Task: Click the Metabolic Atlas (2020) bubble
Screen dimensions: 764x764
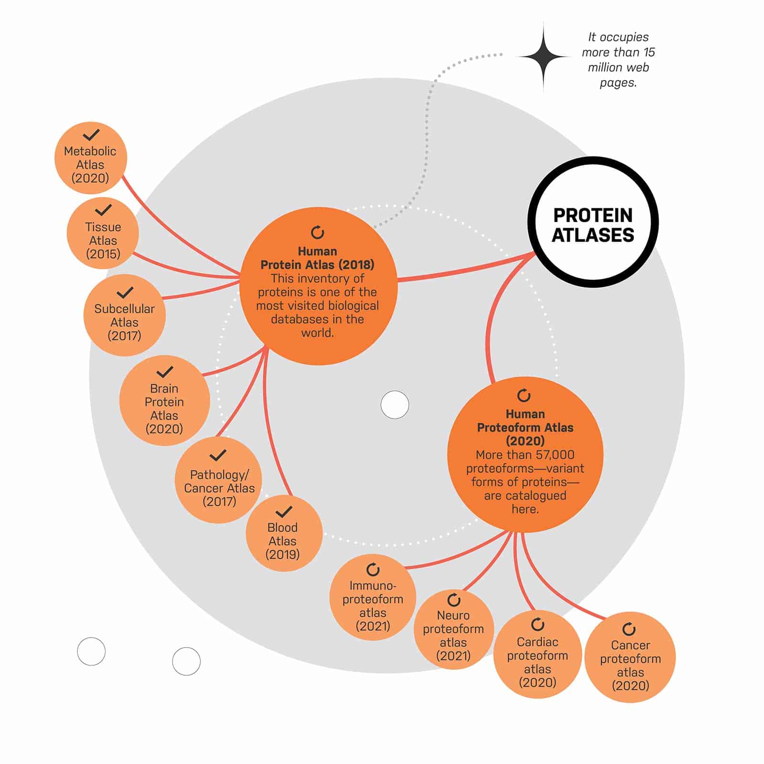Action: [x=91, y=158]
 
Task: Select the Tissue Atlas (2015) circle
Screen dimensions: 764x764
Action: [x=103, y=233]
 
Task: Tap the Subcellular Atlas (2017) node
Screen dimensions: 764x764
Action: [x=125, y=315]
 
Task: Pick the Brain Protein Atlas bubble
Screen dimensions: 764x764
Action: [x=165, y=401]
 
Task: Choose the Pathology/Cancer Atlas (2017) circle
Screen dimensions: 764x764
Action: [x=219, y=480]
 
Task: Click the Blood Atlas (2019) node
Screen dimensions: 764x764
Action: [x=284, y=534]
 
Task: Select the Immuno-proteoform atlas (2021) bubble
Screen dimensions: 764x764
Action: [x=373, y=597]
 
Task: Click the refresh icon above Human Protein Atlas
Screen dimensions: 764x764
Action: [x=317, y=232]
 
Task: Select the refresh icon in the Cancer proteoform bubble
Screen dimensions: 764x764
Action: [x=629, y=629]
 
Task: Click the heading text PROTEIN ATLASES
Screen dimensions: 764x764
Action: [x=593, y=225]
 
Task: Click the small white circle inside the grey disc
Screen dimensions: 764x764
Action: [x=395, y=405]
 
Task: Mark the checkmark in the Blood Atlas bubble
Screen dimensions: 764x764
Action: [x=284, y=512]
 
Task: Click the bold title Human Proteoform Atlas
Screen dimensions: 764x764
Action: [x=525, y=427]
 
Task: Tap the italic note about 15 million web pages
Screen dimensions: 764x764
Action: [x=618, y=60]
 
